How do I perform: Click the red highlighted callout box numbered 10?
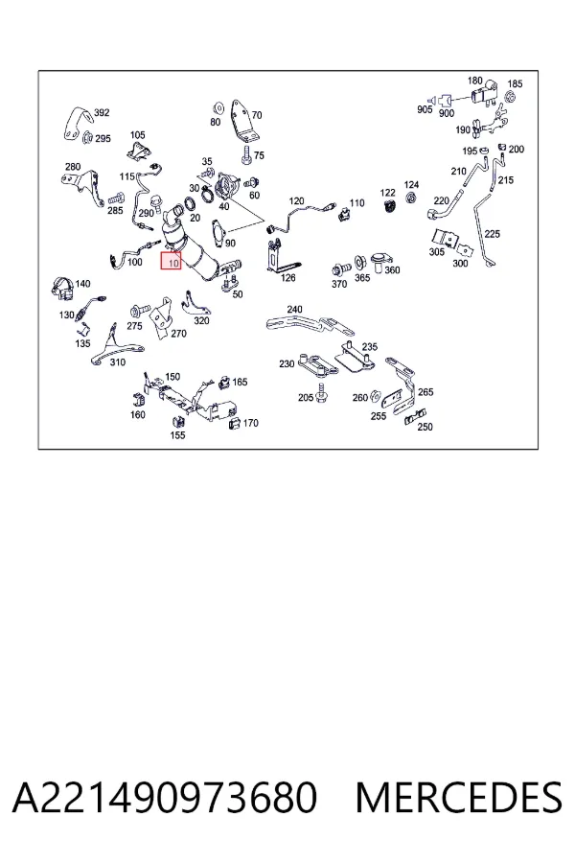coord(171,262)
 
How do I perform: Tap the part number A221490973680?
coord(165,798)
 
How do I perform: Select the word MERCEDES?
coord(459,798)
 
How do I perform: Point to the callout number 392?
coord(102,113)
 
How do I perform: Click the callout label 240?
coord(294,310)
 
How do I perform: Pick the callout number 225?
coord(492,234)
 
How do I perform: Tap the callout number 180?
coord(475,81)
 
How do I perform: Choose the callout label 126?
coord(287,278)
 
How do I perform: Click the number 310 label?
coord(118,362)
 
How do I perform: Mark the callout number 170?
coord(250,423)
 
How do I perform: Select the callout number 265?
coord(425,392)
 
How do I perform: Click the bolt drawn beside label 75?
coord(246,155)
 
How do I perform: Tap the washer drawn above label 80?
coord(217,105)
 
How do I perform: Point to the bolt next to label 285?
coord(117,198)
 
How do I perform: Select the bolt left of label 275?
coord(136,311)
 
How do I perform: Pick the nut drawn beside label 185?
coord(510,97)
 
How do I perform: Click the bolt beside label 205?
coord(322,394)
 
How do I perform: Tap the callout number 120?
coord(296,201)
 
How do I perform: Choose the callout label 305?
coord(436,251)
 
